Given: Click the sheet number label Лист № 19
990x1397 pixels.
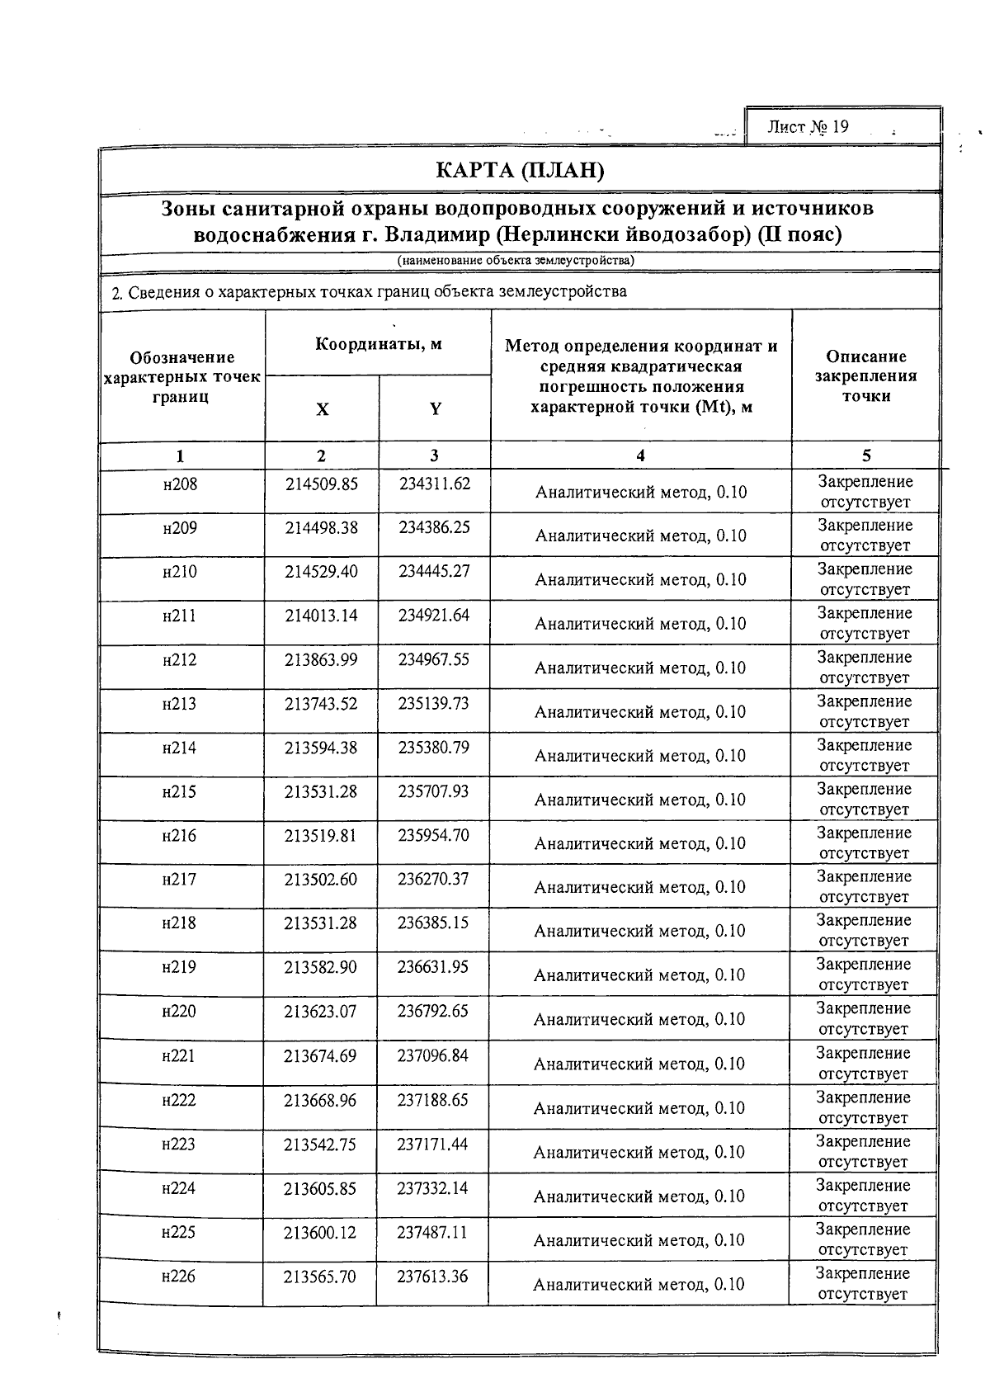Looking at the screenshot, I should (808, 127).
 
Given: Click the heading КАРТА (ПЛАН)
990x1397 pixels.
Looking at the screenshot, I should (520, 171).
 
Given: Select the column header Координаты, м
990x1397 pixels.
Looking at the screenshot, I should (379, 344).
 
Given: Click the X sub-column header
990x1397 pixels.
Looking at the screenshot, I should (323, 409).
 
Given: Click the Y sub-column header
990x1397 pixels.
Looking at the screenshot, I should (435, 409).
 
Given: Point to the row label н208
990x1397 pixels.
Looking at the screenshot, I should (181, 484).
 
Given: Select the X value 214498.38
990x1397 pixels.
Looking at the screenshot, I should (322, 527).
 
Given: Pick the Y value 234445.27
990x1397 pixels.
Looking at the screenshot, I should (434, 571).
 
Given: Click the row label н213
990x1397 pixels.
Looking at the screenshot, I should (180, 704).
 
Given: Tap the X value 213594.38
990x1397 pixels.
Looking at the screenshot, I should (321, 748).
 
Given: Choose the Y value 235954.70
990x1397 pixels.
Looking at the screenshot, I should (433, 835).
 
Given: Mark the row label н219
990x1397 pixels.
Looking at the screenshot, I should (179, 967).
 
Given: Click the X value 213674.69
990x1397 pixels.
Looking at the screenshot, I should (320, 1055).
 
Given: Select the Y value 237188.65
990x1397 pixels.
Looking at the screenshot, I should (432, 1100).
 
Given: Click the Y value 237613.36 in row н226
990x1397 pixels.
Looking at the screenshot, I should (432, 1277).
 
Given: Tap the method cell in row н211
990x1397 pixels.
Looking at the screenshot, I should (640, 624).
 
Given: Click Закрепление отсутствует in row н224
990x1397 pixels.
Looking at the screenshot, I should (862, 1196).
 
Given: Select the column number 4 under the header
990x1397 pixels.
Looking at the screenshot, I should (641, 455).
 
